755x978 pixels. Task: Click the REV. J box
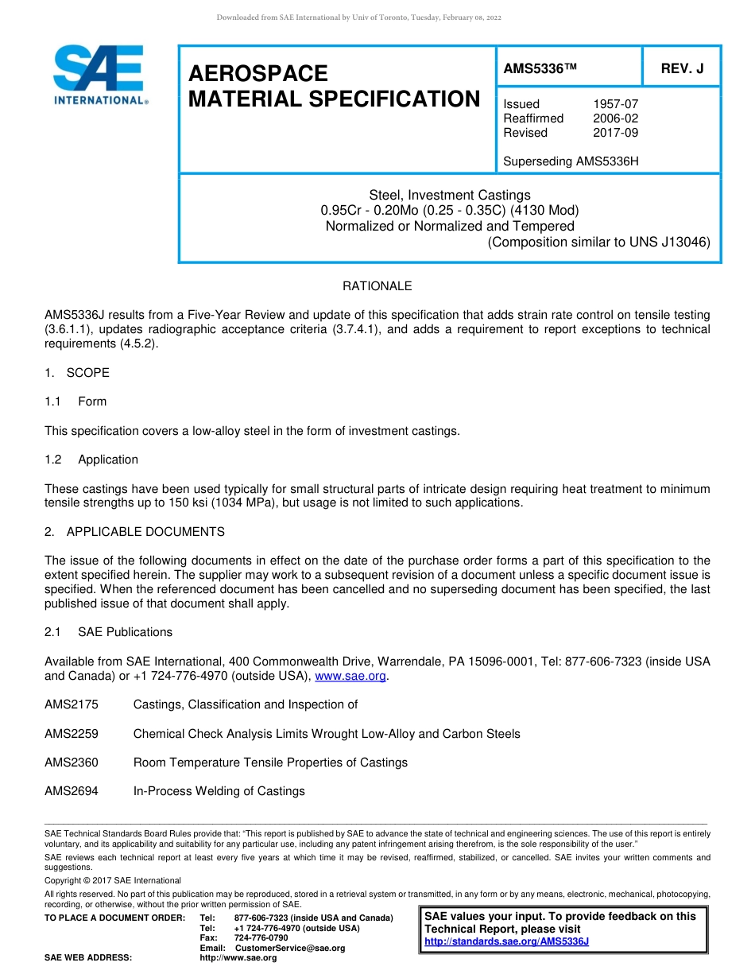(x=682, y=69)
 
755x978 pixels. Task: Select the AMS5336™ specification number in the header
(x=539, y=69)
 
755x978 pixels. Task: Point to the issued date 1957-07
(x=615, y=104)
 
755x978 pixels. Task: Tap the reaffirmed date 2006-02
(x=615, y=118)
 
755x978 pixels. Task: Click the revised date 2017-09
(x=615, y=133)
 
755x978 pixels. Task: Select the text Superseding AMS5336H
(x=571, y=161)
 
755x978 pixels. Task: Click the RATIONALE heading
(x=377, y=286)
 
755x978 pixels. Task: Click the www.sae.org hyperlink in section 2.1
(x=350, y=676)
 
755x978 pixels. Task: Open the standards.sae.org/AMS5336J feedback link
(x=506, y=941)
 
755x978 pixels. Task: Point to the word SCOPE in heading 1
(x=88, y=373)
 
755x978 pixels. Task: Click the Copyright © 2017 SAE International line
(x=113, y=880)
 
